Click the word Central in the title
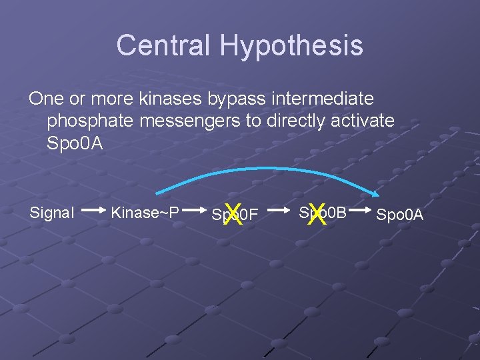point(164,45)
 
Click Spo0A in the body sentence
point(75,143)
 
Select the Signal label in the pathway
point(52,213)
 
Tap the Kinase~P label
point(145,213)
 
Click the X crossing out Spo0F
point(233,214)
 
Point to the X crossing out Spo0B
point(317,214)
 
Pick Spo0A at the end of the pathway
point(400,214)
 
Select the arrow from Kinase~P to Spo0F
point(193,213)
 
